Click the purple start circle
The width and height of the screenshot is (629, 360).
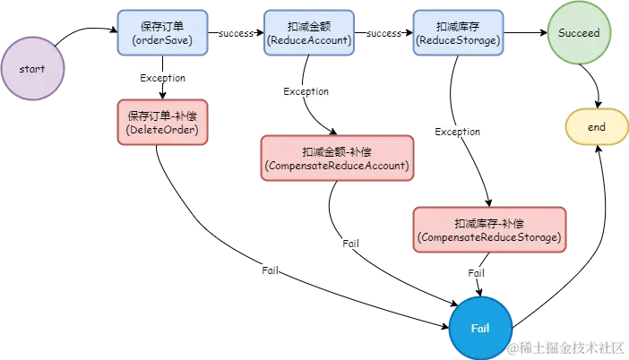tap(32, 68)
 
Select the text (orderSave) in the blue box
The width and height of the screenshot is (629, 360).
tap(162, 41)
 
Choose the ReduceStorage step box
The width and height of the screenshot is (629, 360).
tap(455, 33)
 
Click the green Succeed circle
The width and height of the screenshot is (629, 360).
tap(580, 33)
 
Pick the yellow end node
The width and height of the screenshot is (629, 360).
tap(596, 127)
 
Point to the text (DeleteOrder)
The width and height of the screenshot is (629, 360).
tap(162, 130)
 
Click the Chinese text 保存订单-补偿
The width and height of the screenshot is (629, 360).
tap(162, 116)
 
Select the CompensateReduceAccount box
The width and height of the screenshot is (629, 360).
tap(337, 159)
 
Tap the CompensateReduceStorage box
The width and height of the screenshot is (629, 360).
tap(490, 229)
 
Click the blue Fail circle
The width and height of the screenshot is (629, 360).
tap(480, 328)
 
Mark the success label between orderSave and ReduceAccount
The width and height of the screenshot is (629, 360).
tap(236, 33)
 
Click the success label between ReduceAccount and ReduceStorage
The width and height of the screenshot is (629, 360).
tap(383, 33)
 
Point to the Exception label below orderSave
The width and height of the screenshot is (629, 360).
tap(162, 78)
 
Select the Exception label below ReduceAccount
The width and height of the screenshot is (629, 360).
tap(306, 91)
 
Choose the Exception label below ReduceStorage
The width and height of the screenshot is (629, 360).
tap(457, 132)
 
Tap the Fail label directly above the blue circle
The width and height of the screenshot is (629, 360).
tap(477, 272)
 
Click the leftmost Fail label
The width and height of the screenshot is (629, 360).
tap(270, 270)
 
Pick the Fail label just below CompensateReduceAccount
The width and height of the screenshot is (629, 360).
tap(352, 244)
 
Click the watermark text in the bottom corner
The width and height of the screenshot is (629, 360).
tap(564, 347)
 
